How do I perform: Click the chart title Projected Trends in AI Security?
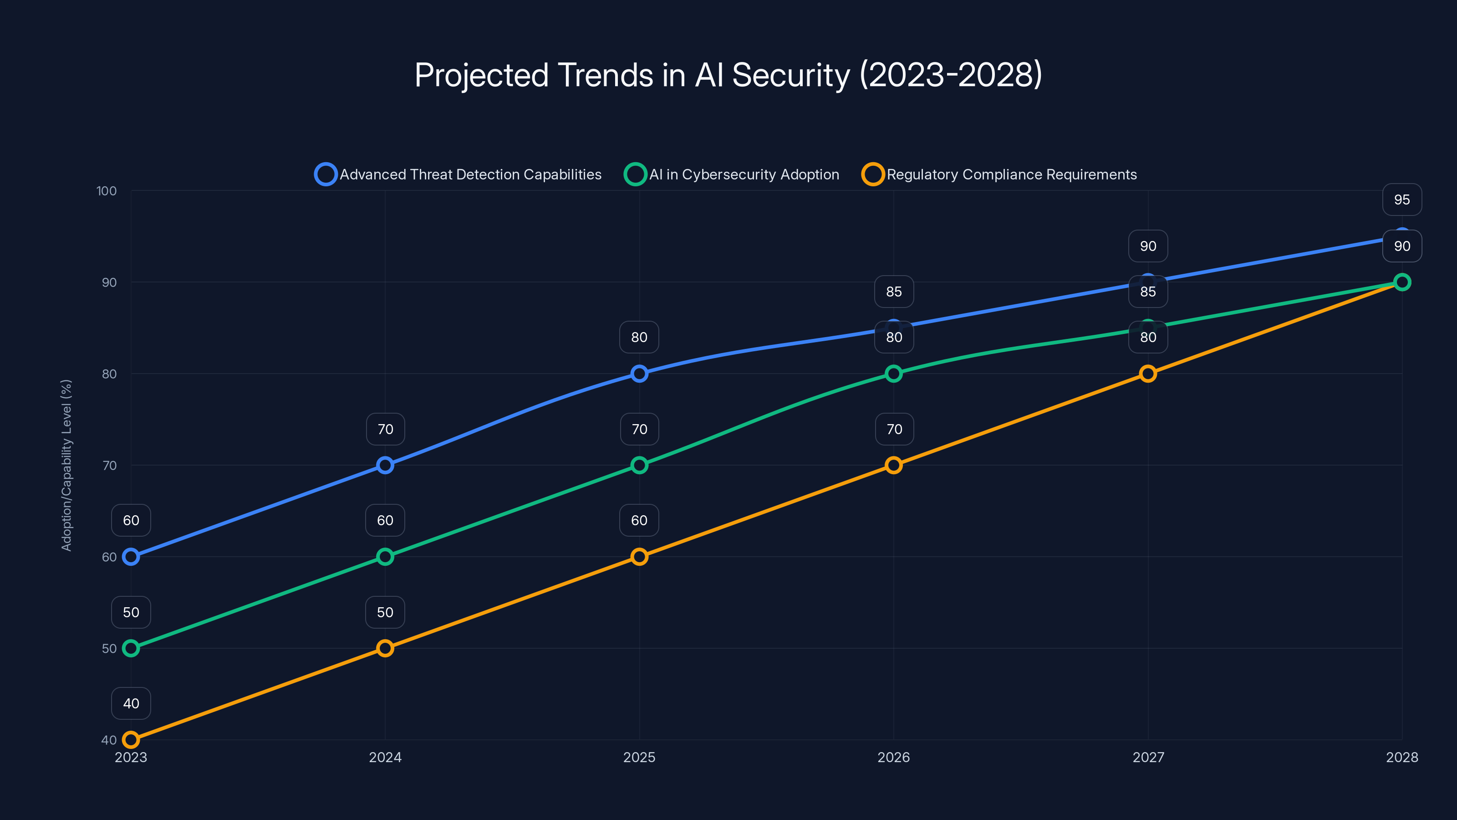point(728,75)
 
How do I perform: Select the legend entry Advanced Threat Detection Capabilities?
point(458,174)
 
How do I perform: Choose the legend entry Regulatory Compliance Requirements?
point(999,174)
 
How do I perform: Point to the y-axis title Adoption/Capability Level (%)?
point(67,465)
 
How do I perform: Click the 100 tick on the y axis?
point(107,191)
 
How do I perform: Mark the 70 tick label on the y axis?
point(109,466)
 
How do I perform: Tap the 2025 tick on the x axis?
point(639,757)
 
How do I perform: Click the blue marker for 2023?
point(131,557)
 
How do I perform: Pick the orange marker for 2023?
point(131,740)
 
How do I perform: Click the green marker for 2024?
point(385,557)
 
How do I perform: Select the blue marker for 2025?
point(639,374)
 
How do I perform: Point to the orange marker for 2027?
point(1147,374)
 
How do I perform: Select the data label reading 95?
point(1401,200)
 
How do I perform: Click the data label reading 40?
point(131,703)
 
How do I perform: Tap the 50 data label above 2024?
point(385,612)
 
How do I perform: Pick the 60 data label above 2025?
point(639,521)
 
